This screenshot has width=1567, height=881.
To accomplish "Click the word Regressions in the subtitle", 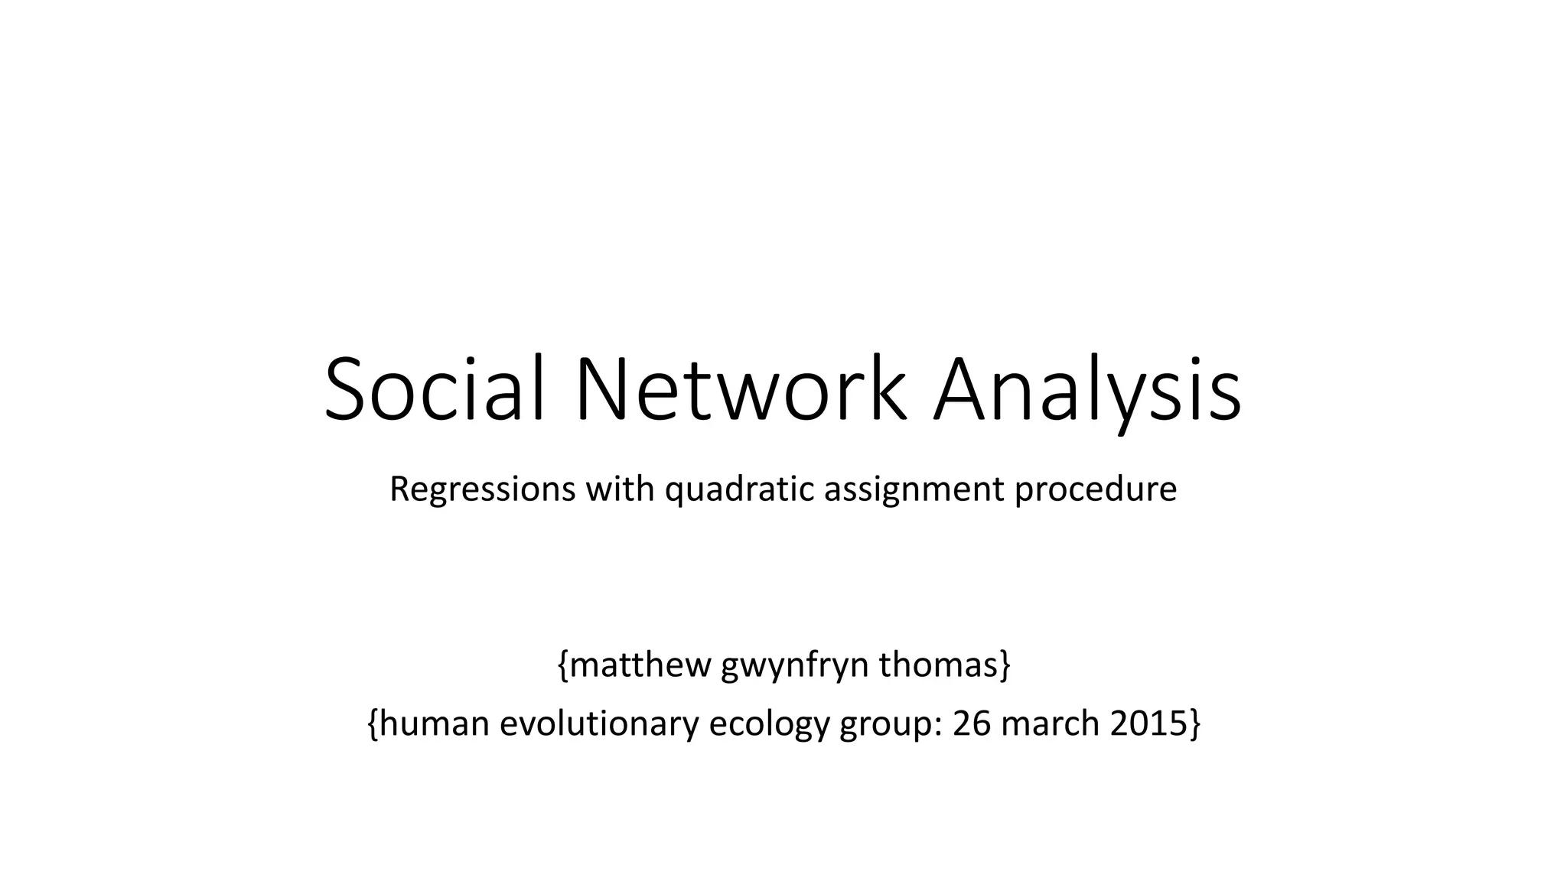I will [x=482, y=489].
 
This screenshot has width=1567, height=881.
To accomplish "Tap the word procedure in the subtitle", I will [x=1096, y=489].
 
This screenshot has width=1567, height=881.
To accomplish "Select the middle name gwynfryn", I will [x=794, y=666].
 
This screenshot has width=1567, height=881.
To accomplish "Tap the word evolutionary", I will [x=599, y=724].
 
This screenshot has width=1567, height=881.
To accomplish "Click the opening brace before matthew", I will [x=563, y=665].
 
